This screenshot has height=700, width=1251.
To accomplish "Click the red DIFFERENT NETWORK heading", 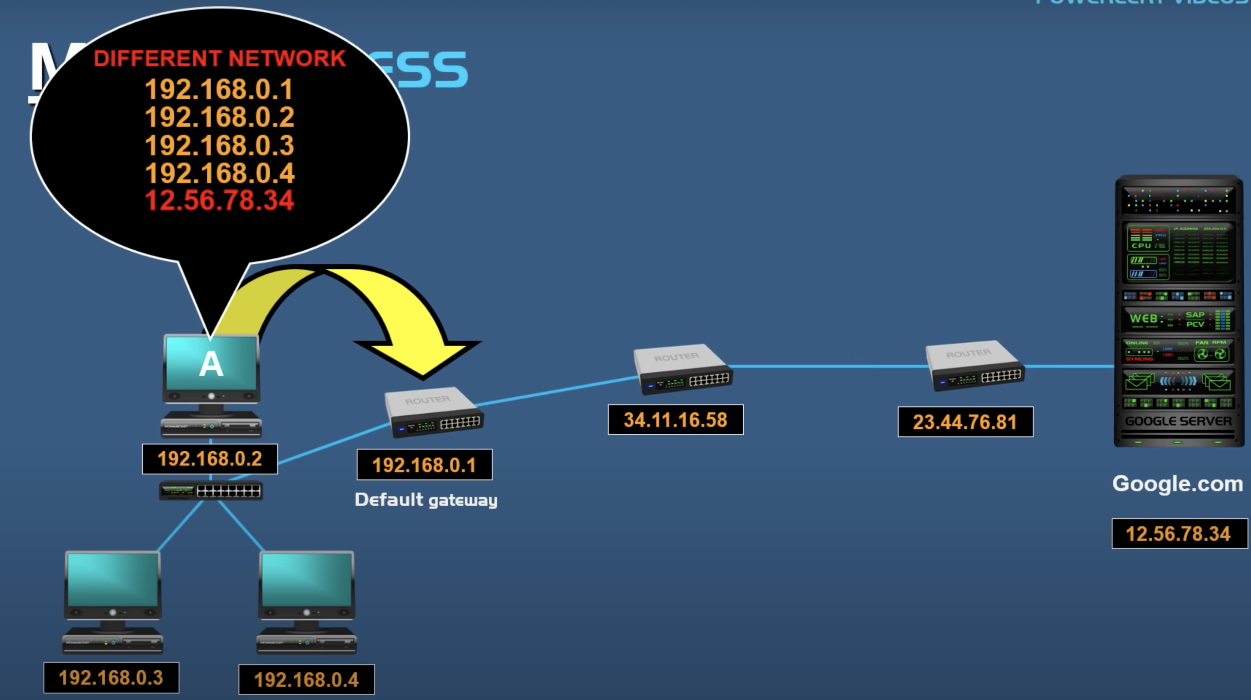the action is coord(220,59).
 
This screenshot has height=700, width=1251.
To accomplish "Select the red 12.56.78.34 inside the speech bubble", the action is coord(220,201).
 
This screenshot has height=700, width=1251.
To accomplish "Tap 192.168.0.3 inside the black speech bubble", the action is coord(220,146).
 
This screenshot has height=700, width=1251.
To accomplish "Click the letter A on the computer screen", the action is coord(211,364).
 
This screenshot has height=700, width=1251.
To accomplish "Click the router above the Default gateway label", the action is coord(433,411).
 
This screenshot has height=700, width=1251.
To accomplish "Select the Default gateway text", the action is coord(426,500).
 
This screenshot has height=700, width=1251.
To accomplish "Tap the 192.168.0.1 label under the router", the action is coord(424,465).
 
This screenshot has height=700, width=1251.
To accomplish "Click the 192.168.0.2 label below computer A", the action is coord(210,459).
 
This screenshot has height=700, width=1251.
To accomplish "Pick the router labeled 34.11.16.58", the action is coord(682,369).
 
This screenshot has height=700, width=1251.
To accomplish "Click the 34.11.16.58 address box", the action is coord(676,420).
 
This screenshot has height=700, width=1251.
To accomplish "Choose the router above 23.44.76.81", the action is coord(975,366).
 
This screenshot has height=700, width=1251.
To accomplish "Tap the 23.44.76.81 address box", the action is coord(965,422).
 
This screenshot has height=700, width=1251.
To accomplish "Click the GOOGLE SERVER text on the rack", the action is coord(1178,421).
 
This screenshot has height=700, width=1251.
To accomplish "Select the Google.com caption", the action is coord(1177,484).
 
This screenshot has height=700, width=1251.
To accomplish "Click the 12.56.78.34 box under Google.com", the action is coord(1178,534).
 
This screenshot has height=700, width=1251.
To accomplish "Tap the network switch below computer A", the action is coord(211,491).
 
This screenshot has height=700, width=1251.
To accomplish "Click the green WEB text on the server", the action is coord(1143,319).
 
